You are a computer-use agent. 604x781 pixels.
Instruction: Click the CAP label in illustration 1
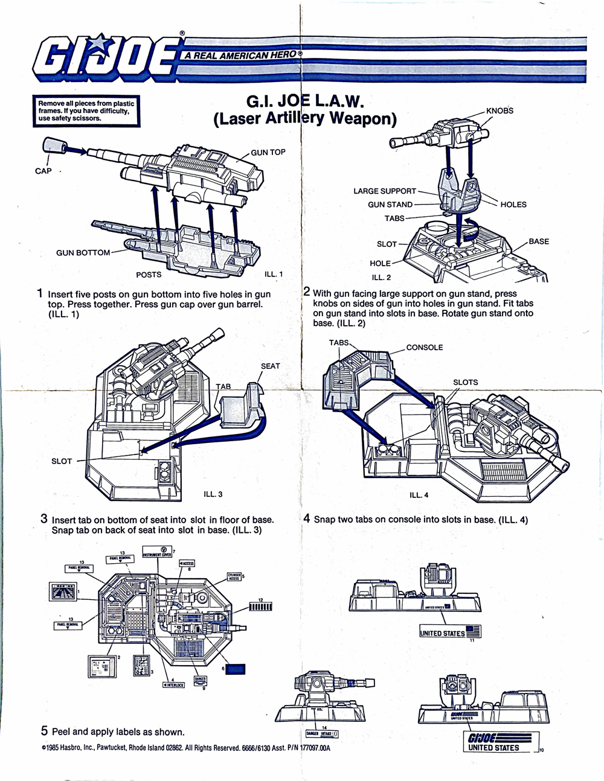[43, 171]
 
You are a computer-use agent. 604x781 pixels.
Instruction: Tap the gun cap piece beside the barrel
[53, 145]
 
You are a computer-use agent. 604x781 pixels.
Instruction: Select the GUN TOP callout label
[268, 152]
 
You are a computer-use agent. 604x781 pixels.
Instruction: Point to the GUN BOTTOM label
[83, 252]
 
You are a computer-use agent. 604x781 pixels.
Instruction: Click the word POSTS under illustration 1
[149, 275]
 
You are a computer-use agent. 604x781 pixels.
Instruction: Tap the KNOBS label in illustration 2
[500, 110]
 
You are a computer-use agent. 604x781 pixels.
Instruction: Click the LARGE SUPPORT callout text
[385, 191]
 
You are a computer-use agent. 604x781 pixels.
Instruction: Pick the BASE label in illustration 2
[539, 241]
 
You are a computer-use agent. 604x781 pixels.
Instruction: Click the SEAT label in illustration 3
[270, 366]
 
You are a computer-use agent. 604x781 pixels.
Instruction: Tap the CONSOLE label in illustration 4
[424, 347]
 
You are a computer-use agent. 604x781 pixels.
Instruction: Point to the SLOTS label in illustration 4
[465, 382]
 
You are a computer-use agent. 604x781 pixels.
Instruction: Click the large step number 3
[44, 518]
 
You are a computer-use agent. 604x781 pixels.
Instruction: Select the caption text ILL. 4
[419, 495]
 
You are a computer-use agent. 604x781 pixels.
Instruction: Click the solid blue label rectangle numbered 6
[236, 668]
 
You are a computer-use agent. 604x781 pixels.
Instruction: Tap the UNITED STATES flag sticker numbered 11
[451, 633]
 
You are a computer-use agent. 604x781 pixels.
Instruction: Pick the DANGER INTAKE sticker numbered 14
[321, 733]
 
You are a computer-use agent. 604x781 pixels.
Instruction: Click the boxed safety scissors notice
[86, 111]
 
